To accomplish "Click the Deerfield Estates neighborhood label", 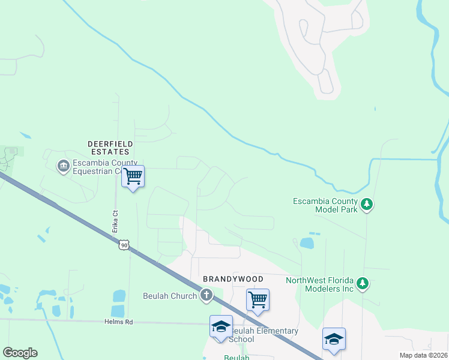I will point(109,148).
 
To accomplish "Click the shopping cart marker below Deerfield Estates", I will point(133,177).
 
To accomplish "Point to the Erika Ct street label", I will point(115,221).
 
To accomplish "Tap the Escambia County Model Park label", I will point(325,205).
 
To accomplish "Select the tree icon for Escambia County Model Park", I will point(367,205).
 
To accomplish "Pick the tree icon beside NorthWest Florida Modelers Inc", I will point(362,283).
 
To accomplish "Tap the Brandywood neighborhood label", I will point(233,279).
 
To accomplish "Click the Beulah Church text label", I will point(170,296).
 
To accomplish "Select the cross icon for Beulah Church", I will point(206,295).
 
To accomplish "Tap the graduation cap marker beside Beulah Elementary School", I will point(221,327).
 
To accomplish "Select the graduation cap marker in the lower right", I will point(334,340).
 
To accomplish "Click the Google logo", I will point(20,353).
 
